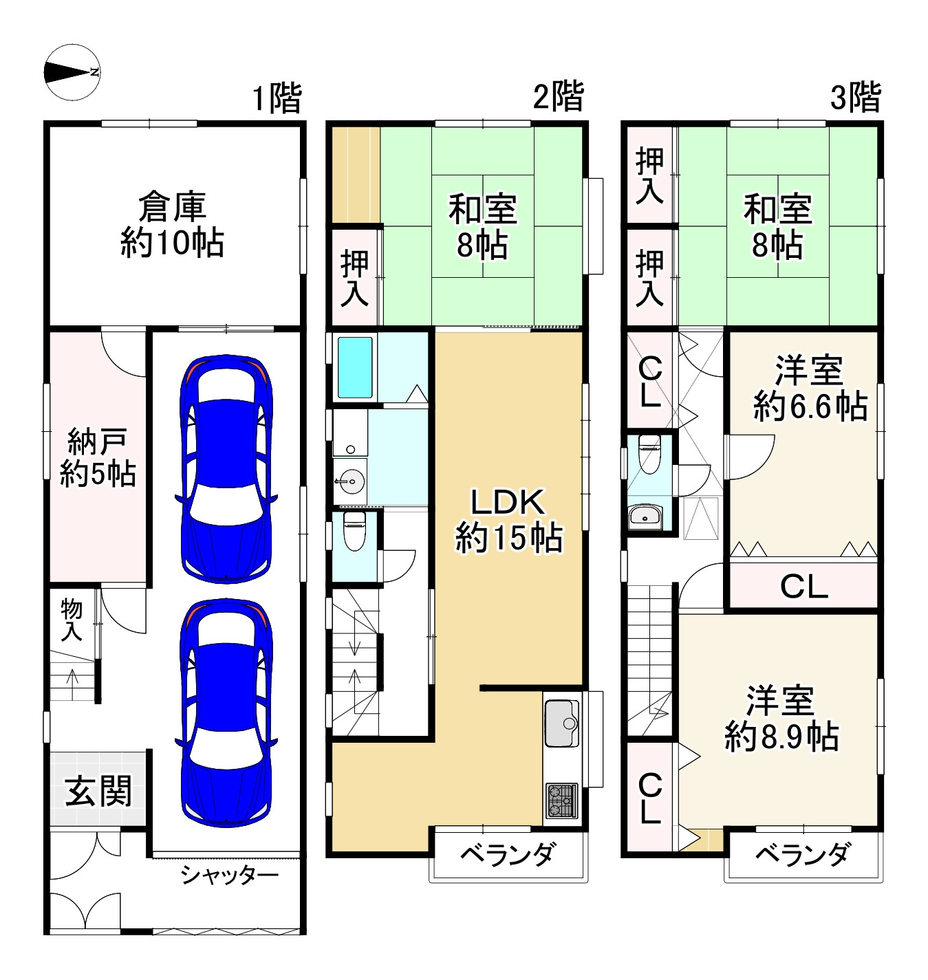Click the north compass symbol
click(72, 72)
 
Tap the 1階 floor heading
click(277, 98)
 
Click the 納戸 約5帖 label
click(98, 457)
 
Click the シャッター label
click(229, 875)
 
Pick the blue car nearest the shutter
click(226, 712)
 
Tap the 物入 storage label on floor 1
click(72, 620)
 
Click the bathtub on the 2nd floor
click(355, 368)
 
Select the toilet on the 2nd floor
click(354, 532)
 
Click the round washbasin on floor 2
click(350, 481)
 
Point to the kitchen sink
click(562, 723)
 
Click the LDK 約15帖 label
click(508, 521)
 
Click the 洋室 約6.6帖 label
click(810, 389)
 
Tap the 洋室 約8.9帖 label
click(781, 719)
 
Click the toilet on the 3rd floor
click(649, 454)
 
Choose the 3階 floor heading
click(855, 98)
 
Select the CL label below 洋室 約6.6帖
click(804, 587)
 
